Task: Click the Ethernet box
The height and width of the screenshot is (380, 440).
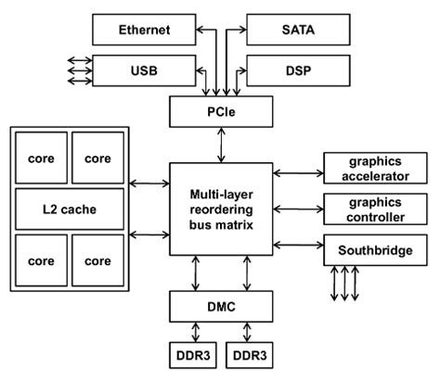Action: (145, 31)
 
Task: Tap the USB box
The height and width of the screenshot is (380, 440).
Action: (145, 70)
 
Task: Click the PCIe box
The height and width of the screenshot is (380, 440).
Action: (220, 113)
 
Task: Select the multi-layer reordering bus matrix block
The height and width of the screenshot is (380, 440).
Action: (220, 209)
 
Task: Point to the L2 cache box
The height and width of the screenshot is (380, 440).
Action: (70, 209)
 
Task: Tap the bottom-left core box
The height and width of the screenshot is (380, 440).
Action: (42, 260)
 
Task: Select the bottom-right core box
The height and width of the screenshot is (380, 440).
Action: (97, 260)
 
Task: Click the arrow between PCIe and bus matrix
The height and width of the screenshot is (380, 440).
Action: (220, 145)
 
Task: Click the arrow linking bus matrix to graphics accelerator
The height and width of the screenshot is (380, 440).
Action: (297, 171)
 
